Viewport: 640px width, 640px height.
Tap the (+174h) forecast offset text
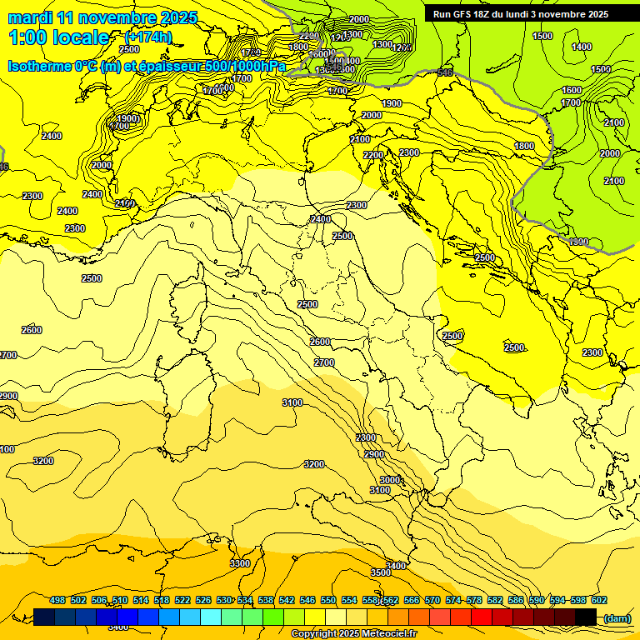click(x=147, y=37)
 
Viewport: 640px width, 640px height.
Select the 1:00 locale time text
click(x=58, y=37)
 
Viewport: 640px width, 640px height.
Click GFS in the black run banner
click(x=467, y=14)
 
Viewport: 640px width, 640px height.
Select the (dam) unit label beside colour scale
click(x=616, y=617)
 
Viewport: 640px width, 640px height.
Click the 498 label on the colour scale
click(x=57, y=601)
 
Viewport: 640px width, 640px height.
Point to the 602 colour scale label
click(x=598, y=601)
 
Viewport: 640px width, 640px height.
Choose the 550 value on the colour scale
click(x=328, y=601)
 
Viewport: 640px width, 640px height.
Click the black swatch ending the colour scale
click(x=586, y=617)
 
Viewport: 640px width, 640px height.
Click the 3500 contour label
click(x=381, y=572)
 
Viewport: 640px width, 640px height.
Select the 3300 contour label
click(x=240, y=564)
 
